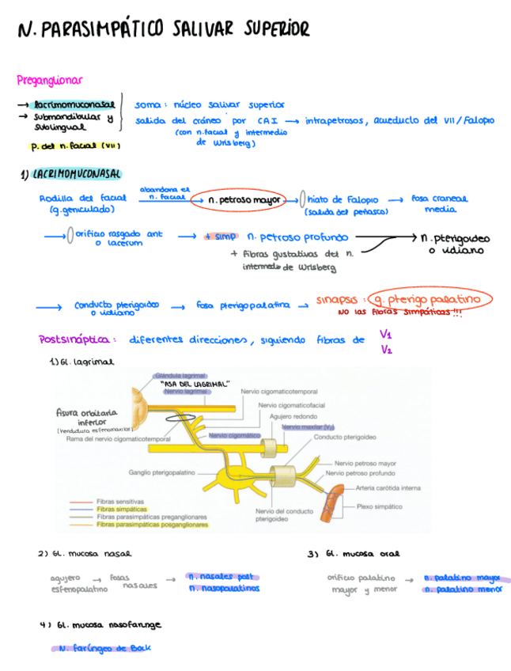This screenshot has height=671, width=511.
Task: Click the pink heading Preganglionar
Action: click(x=49, y=79)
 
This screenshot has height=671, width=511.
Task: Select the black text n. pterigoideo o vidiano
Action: click(x=455, y=243)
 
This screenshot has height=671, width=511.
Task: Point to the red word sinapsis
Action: click(x=339, y=300)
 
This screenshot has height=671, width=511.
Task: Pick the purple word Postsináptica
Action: click(x=74, y=339)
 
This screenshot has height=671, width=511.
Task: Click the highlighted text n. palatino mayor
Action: click(x=462, y=578)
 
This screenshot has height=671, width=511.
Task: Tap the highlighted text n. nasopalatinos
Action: click(x=224, y=589)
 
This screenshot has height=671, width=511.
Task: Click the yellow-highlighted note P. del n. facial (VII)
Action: click(x=74, y=146)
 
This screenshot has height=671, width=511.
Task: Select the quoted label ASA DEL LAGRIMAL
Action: click(x=195, y=383)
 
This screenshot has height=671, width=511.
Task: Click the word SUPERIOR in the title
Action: click(x=276, y=30)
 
